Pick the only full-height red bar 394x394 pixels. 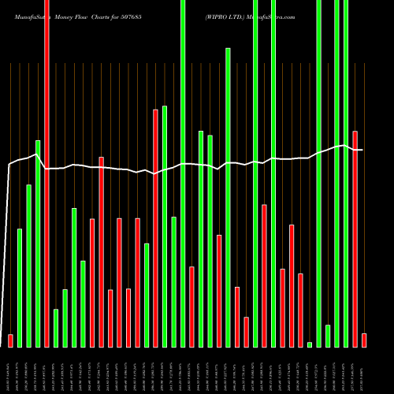pos(46,173)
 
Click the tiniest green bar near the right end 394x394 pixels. pos(310,344)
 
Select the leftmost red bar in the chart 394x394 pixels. pos(10,340)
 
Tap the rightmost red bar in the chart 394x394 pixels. pos(364,340)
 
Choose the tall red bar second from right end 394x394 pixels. pos(355,239)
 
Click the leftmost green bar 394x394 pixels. pos(20,288)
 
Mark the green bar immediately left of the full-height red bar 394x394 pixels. pos(38,243)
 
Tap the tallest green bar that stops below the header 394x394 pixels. pos(228,197)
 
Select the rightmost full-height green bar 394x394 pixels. pos(346,173)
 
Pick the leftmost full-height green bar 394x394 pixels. pos(183,173)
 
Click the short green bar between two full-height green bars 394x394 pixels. pos(328,336)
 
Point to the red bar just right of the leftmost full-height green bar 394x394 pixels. pos(191,307)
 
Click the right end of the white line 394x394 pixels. pos(362,150)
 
